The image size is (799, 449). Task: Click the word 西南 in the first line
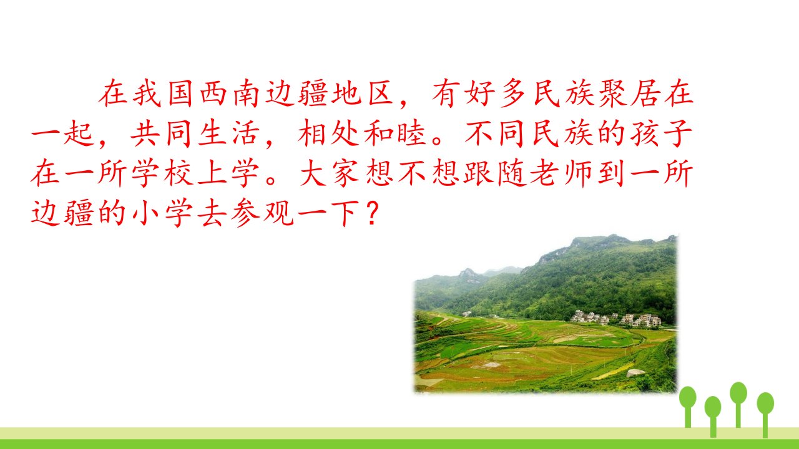(229, 94)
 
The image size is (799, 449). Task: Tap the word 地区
(362, 94)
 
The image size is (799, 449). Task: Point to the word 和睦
(395, 134)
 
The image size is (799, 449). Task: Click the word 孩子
(661, 134)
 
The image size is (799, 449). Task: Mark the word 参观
(262, 214)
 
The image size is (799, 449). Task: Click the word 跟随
(495, 174)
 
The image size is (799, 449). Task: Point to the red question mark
(371, 214)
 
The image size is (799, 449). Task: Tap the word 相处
(329, 134)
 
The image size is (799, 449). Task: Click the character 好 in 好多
(479, 94)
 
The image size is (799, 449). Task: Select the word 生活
(228, 134)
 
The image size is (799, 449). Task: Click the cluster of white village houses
(615, 319)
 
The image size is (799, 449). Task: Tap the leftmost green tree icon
(688, 407)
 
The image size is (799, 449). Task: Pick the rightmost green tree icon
(765, 415)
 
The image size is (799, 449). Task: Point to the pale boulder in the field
(635, 373)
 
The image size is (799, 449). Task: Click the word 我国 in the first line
(163, 94)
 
